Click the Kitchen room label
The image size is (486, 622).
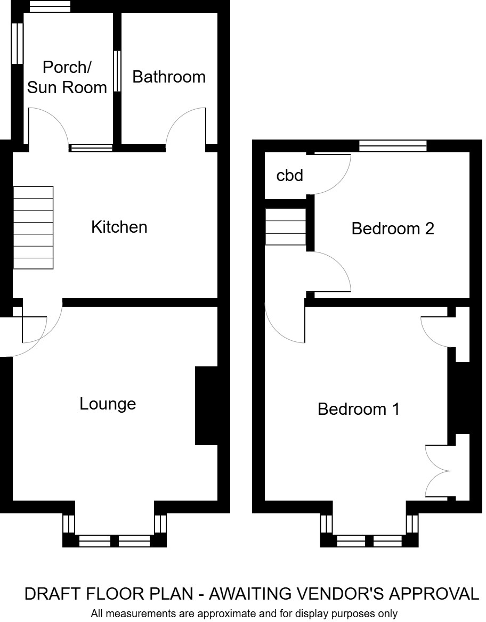click(x=119, y=227)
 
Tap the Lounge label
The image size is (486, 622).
click(x=108, y=404)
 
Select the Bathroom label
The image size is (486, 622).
click(x=169, y=77)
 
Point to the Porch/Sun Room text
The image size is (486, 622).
click(x=67, y=77)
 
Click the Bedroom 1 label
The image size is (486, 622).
click(x=359, y=410)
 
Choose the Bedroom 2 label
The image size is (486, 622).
click(x=393, y=229)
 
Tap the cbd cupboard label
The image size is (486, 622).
click(x=290, y=175)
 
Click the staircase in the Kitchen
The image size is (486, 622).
click(x=33, y=227)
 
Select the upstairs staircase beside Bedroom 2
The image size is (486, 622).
click(x=286, y=226)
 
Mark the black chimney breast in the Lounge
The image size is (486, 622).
click(x=207, y=406)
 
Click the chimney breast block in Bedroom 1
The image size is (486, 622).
click(x=459, y=398)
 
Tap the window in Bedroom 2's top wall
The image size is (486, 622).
click(x=393, y=146)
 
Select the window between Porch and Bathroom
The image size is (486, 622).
click(x=117, y=72)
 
